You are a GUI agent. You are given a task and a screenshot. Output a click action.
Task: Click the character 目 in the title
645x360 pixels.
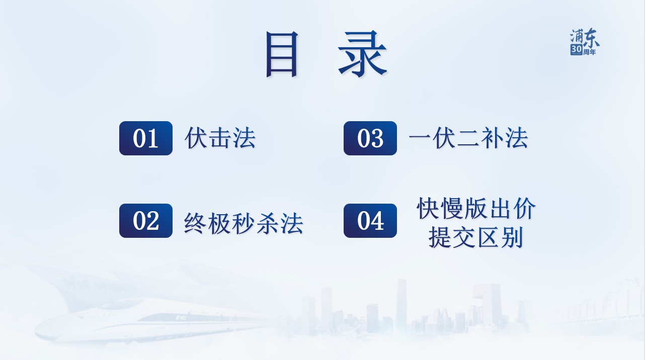tap(282, 54)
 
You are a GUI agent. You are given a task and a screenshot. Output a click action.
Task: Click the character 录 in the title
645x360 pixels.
tap(362, 54)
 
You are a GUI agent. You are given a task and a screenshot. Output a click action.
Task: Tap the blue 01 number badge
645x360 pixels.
tap(146, 138)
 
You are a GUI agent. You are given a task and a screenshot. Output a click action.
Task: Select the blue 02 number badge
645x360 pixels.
tap(146, 221)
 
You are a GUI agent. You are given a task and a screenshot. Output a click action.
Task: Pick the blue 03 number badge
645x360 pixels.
tap(370, 138)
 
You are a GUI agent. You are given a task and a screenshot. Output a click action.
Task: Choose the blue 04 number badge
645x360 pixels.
tap(370, 221)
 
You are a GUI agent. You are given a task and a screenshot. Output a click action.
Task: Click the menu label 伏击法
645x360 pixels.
tap(220, 138)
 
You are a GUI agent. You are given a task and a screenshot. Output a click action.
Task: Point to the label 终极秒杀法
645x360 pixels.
tap(244, 223)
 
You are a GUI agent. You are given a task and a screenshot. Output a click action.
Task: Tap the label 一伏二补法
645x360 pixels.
tap(468, 138)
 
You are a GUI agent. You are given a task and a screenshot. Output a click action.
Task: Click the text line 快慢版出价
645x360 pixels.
tap(476, 208)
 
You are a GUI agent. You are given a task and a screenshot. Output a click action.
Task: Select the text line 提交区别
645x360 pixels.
tap(475, 237)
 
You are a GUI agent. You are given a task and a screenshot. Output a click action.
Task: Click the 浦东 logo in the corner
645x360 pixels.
tap(585, 42)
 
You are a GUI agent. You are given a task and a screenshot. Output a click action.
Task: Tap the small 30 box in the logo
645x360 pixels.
tap(577, 49)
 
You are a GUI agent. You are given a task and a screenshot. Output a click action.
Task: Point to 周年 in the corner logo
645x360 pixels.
tap(590, 52)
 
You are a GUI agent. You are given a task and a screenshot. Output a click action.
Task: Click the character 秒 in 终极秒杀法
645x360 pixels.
tap(244, 223)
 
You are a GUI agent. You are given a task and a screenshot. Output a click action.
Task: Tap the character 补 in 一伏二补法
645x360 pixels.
tap(492, 138)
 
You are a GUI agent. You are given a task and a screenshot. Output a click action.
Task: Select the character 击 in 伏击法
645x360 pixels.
tap(220, 138)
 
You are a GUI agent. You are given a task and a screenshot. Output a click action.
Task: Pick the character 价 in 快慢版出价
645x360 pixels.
tap(525, 208)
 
